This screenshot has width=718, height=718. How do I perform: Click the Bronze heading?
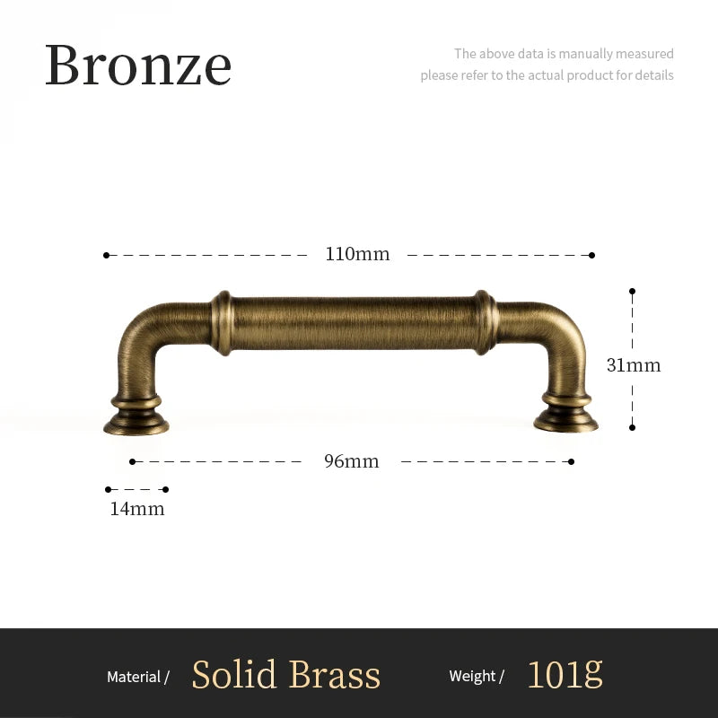[138, 66]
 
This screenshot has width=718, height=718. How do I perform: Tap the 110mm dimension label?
[357, 254]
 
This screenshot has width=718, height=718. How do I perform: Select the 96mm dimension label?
[351, 461]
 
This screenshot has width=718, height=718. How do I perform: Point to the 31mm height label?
[633, 365]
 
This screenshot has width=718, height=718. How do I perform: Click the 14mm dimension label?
[137, 509]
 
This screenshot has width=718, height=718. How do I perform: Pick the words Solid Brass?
[285, 675]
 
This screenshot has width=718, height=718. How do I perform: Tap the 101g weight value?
[564, 673]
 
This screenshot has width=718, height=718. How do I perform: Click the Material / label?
[138, 677]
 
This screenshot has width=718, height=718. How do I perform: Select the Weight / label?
[477, 677]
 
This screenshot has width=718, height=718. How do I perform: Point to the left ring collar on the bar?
[222, 322]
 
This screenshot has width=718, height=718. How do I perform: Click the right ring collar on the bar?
[486, 321]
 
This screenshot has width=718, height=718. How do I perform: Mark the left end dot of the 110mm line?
[106, 255]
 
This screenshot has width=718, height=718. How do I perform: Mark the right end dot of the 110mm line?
[591, 255]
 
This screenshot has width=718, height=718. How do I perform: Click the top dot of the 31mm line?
[632, 291]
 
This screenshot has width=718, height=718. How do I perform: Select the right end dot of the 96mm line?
[571, 461]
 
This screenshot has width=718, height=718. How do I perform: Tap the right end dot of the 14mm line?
[165, 489]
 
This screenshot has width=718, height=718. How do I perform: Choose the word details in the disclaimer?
[654, 75]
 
